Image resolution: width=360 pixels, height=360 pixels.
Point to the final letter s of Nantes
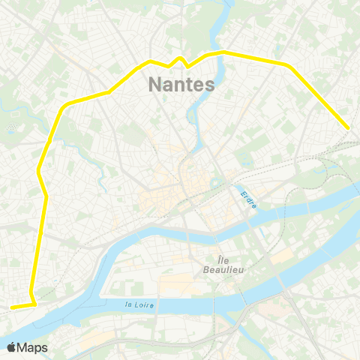(x=210, y=84)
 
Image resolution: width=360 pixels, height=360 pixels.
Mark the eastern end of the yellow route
(x=348, y=128)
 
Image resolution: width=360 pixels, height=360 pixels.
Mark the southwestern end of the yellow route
(x=12, y=307)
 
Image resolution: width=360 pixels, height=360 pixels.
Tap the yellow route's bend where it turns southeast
(x=289, y=65)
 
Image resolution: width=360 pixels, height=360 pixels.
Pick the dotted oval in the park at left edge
(x=10, y=127)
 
